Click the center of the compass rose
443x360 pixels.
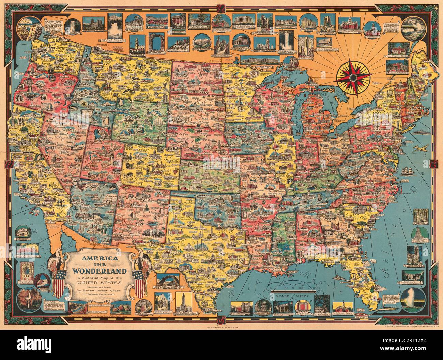click(x=353, y=77)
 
